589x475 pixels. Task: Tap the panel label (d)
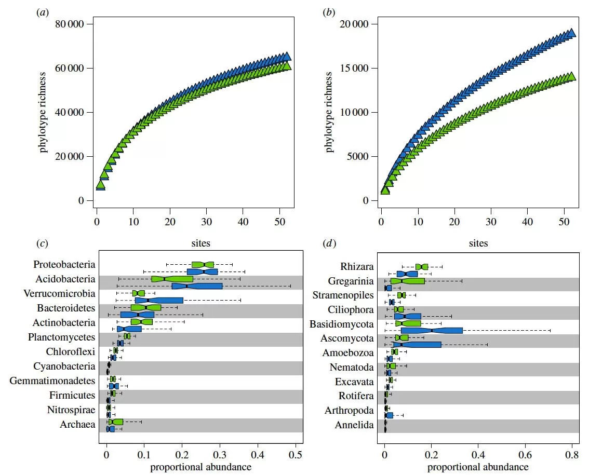coord(329,243)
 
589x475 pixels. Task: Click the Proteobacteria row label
coord(64,265)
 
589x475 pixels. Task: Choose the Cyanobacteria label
coord(64,367)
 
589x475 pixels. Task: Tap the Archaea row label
coord(78,425)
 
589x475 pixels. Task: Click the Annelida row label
coord(356,425)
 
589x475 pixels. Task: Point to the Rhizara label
coord(357,267)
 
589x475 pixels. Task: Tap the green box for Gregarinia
coord(408,281)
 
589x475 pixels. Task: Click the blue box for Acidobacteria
coord(197,286)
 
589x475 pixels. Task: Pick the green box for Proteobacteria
coord(203,264)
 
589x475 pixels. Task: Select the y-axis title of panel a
coord(44,113)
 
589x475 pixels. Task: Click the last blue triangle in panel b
coord(571,33)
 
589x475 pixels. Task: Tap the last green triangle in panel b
coord(571,76)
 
